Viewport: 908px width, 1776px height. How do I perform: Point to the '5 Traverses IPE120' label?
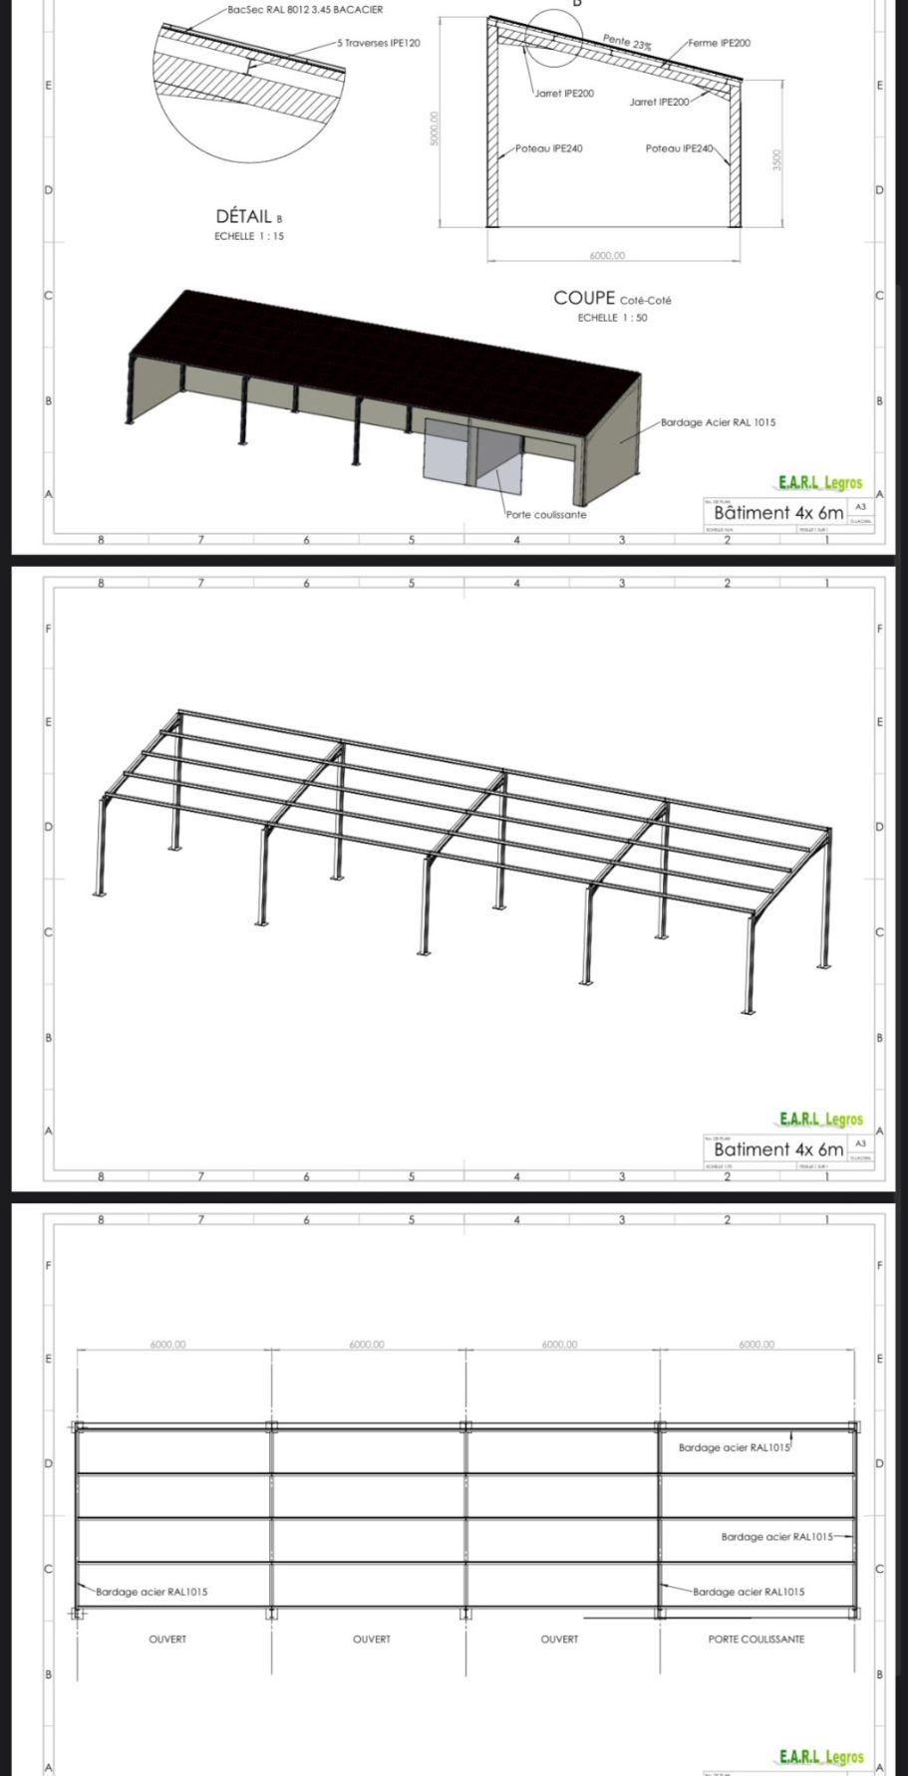point(378,45)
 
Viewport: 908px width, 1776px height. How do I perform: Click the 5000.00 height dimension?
point(435,127)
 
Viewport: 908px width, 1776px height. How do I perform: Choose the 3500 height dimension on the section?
point(778,160)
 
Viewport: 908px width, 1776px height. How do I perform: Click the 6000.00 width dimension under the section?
point(606,256)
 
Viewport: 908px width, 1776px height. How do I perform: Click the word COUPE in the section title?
point(584,298)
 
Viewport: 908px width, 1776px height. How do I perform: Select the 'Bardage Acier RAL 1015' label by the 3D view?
point(718,422)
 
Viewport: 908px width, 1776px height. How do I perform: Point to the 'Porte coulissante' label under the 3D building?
point(546,515)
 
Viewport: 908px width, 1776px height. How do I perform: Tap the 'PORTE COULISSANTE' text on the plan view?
point(756,1639)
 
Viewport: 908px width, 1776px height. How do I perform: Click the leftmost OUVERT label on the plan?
point(167,1639)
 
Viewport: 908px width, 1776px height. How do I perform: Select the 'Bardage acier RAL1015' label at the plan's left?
point(151,1592)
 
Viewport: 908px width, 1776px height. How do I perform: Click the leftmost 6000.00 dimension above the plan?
point(167,1345)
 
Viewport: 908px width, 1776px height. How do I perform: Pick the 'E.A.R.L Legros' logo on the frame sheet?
point(820,1120)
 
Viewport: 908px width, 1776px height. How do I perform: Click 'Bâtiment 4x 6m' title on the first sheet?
point(778,513)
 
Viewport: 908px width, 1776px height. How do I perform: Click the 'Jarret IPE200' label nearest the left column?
point(564,94)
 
